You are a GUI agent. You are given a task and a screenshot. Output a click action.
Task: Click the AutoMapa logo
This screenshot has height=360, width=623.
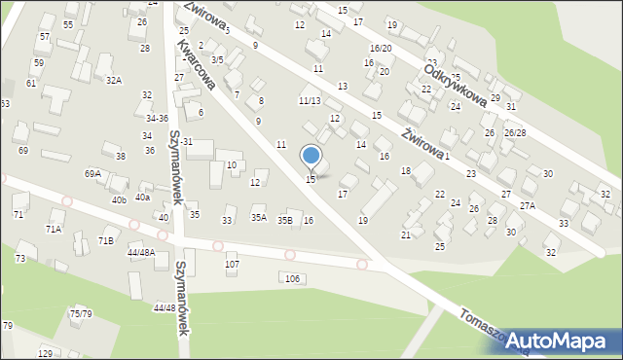(565, 342)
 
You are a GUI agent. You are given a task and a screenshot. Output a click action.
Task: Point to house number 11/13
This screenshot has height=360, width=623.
(310, 100)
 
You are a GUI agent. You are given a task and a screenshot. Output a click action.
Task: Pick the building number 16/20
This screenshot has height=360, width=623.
(381, 48)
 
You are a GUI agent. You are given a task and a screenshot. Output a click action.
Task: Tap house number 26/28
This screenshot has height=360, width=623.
(515, 132)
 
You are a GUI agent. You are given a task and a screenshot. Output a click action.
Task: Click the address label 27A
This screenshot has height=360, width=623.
(527, 206)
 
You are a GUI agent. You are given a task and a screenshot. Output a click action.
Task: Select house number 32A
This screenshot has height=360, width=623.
(114, 80)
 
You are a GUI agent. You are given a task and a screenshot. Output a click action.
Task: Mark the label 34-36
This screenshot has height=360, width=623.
(158, 118)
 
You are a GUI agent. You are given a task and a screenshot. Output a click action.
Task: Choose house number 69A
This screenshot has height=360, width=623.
(92, 173)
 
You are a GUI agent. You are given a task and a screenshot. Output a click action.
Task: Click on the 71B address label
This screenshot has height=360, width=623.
(105, 239)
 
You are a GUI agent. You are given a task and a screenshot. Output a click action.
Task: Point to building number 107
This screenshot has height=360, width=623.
(232, 265)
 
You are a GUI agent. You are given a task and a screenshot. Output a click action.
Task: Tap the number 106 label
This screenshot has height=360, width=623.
(291, 279)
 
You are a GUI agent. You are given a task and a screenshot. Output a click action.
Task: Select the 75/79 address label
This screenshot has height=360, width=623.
(80, 313)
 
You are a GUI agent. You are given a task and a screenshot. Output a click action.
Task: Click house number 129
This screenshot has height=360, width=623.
(45, 353)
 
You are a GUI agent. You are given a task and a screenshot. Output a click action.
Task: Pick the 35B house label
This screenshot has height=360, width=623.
(284, 221)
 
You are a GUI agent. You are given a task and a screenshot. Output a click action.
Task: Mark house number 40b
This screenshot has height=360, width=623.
(119, 199)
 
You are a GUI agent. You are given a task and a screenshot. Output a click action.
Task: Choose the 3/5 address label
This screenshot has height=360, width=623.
(218, 60)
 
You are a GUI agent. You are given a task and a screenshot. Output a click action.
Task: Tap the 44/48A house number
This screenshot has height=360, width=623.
(141, 252)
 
